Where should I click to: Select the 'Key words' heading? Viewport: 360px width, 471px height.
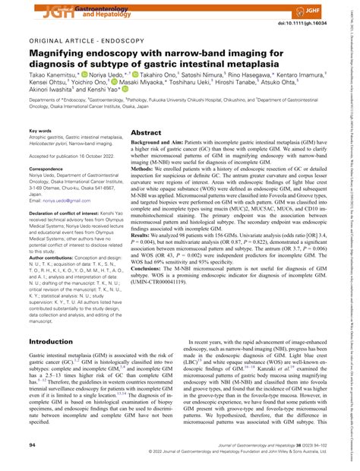(43, 132)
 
